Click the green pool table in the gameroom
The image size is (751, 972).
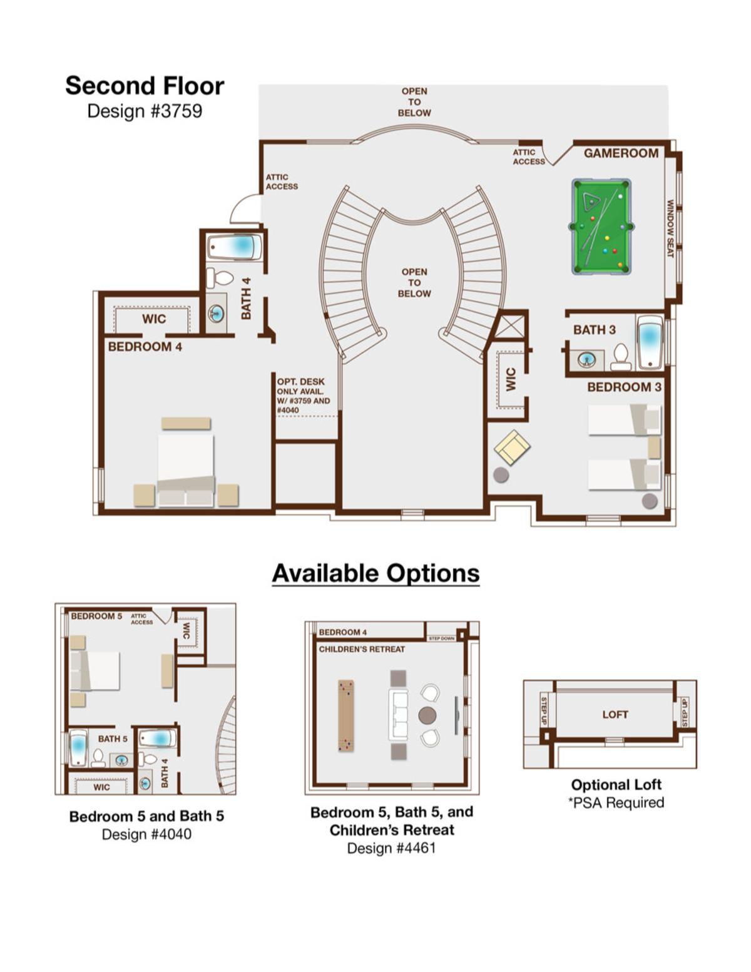601,227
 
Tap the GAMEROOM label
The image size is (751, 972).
621,153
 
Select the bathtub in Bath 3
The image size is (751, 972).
650,343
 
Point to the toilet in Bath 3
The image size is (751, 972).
621,357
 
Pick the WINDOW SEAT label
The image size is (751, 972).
670,228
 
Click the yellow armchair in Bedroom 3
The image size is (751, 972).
512,447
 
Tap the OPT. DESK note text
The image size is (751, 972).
304,396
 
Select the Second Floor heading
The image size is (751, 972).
145,86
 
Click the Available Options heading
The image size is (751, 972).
375,573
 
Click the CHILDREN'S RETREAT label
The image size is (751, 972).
361,649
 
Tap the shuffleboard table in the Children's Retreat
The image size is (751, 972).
345,715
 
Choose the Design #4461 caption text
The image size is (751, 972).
391,848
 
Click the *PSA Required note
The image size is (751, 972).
616,802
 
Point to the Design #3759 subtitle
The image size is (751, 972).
145,111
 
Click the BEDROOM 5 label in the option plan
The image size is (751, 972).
96,616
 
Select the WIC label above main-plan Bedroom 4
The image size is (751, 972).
154,319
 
